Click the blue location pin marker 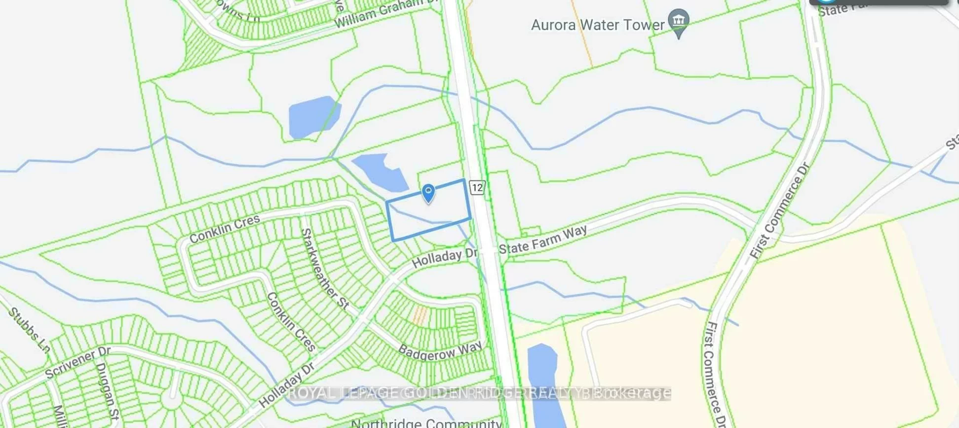click(x=428, y=193)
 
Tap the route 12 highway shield click(x=477, y=187)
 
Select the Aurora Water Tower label click(x=598, y=25)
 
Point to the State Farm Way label click(x=542, y=240)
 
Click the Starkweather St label click(x=325, y=269)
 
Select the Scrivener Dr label click(x=77, y=362)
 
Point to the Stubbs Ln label click(x=29, y=330)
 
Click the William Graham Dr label click(x=386, y=13)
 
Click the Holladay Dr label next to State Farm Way click(x=445, y=257)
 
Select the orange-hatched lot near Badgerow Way click(x=420, y=315)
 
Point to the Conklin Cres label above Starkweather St click(x=225, y=229)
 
